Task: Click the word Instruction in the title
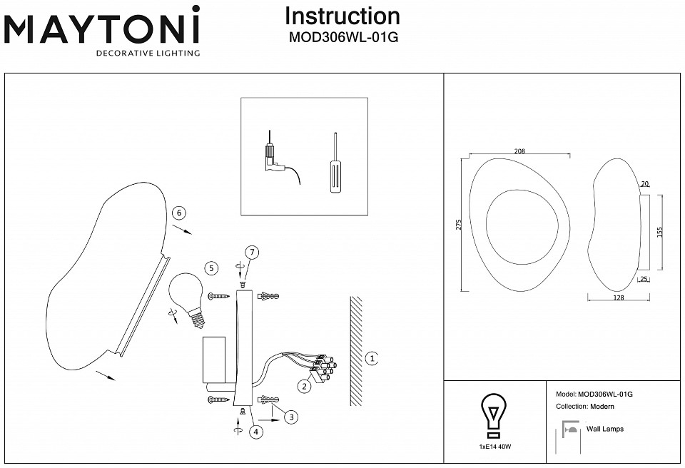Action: [x=342, y=16]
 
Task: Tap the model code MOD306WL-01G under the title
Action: [x=342, y=39]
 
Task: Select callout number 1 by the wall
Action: [x=372, y=358]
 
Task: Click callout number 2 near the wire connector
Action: [x=305, y=387]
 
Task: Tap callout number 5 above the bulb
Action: [x=210, y=268]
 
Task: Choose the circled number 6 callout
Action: [x=179, y=213]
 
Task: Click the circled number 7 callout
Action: [x=250, y=252]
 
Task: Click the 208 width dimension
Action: [x=519, y=151]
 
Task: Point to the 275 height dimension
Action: [x=458, y=225]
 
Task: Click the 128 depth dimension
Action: [x=618, y=298]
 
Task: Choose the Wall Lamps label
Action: [x=604, y=429]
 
